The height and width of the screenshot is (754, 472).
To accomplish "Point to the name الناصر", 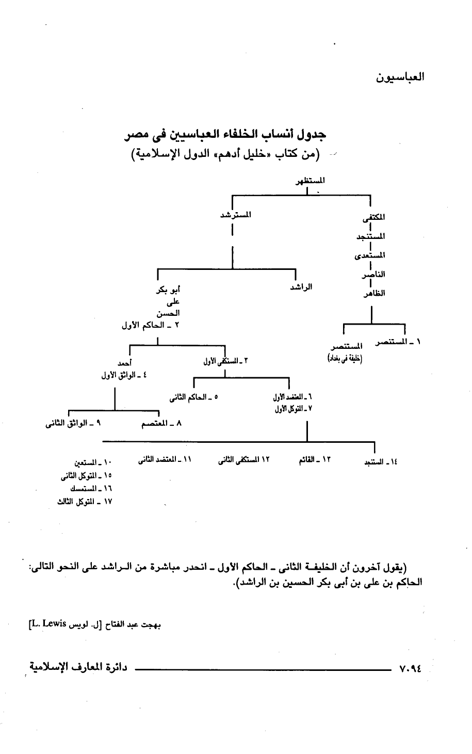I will pyautogui.click(x=375, y=274).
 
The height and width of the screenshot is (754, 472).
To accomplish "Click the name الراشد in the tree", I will pyautogui.click(x=301, y=287).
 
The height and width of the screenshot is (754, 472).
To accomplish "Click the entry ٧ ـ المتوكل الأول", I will pyautogui.click(x=292, y=408).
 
